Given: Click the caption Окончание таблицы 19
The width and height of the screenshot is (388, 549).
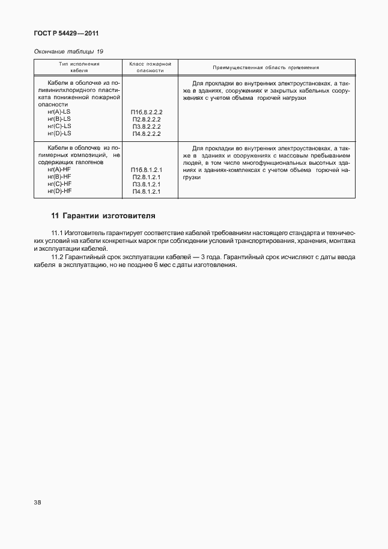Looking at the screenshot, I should [68, 52].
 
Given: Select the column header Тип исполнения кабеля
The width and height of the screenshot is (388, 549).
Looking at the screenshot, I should [79, 67].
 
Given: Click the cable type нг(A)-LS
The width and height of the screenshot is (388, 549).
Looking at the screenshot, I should [58, 112].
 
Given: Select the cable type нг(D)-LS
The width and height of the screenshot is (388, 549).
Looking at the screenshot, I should [58, 133].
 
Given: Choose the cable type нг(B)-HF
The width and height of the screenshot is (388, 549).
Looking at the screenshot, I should [59, 177].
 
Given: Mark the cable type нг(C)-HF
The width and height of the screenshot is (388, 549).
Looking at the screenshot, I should [59, 184].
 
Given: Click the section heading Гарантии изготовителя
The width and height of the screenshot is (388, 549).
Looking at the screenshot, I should [109, 215].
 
